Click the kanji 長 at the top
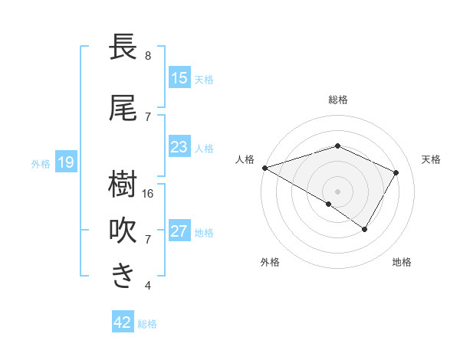point(123,47)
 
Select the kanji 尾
point(123,109)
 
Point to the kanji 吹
point(123,231)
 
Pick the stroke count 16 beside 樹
point(149,194)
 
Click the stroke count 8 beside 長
point(148,56)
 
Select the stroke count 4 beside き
point(148,286)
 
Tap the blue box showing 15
point(179,78)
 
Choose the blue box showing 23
point(179,147)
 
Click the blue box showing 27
point(179,231)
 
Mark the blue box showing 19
point(65,162)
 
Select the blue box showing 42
point(123,322)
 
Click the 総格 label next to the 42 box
point(147,324)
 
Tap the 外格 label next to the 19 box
point(41,163)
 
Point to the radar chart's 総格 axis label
point(338,100)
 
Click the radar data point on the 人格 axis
point(264,167)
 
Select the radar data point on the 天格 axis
point(396,172)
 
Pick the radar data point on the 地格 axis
point(365,229)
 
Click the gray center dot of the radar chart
point(338,191)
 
